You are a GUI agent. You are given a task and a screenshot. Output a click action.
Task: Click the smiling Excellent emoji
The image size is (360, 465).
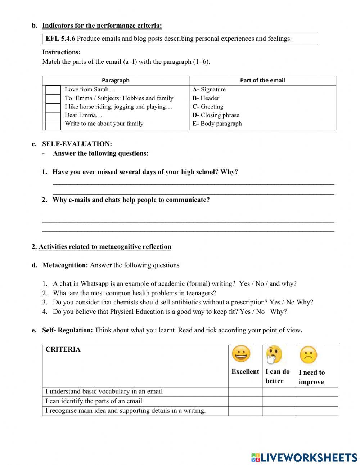pyautogui.click(x=241, y=354)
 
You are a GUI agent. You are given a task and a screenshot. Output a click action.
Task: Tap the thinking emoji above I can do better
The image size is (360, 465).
pyautogui.click(x=274, y=355)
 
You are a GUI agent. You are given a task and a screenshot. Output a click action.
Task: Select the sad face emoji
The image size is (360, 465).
pyautogui.click(x=308, y=355)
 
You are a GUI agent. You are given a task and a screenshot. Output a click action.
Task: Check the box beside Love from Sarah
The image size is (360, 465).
pyautogui.click(x=53, y=90)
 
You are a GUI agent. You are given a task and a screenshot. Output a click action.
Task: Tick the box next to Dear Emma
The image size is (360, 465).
pyautogui.click(x=53, y=116)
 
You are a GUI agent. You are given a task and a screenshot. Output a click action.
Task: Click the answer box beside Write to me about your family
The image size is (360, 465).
pyautogui.click(x=53, y=124)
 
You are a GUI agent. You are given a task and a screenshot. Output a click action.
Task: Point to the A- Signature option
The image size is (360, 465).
pyautogui.click(x=209, y=90)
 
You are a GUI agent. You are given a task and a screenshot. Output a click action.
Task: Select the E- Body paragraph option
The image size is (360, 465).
pyautogui.click(x=217, y=124)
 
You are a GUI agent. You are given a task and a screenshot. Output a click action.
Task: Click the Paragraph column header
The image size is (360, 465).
pyautogui.click(x=116, y=80)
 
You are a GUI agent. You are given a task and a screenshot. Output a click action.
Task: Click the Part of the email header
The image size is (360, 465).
pyautogui.click(x=262, y=80)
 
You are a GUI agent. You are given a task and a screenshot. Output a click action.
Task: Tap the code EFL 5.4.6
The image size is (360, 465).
pyautogui.click(x=60, y=39)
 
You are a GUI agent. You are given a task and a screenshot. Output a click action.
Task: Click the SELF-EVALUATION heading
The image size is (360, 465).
pyautogui.click(x=77, y=144)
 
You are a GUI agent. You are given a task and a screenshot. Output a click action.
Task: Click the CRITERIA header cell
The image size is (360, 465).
pyautogui.click(x=63, y=349)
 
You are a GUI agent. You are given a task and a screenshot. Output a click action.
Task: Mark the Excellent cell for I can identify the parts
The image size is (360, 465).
pyautogui.click(x=245, y=401)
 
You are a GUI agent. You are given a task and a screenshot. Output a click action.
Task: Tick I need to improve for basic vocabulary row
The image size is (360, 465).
pyautogui.click(x=316, y=392)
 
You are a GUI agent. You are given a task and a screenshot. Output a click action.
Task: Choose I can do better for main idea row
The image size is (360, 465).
pyautogui.click(x=279, y=411)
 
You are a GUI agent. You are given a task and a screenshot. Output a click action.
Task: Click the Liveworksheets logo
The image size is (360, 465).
pyautogui.click(x=304, y=457)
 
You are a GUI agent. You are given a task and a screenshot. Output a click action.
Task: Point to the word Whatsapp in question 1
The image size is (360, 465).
pyautogui.click(x=95, y=284)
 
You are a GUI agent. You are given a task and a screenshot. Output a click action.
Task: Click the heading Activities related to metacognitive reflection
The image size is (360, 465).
pyautogui.click(x=105, y=247)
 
